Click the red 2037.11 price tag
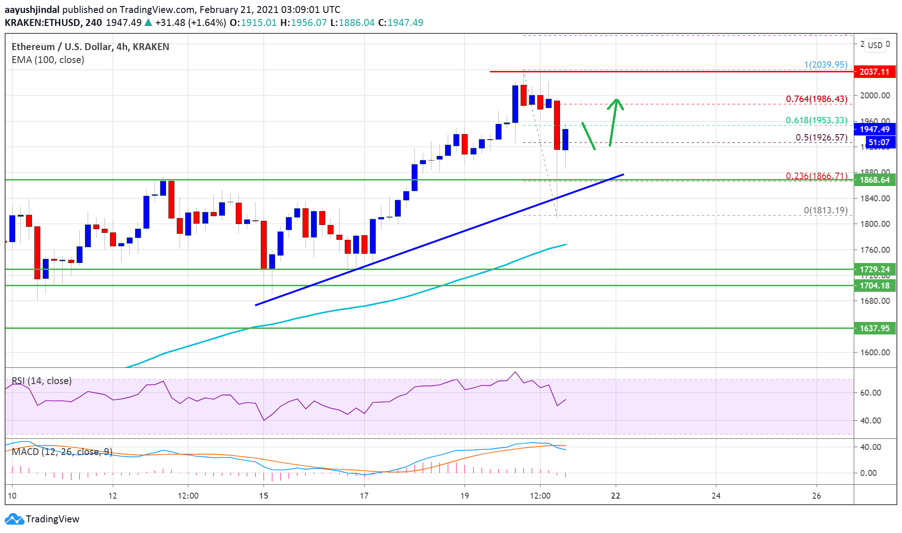874,72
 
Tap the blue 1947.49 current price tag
874,129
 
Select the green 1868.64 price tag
874,180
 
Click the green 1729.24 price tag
874,270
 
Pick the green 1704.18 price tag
874,286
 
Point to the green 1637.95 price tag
874,328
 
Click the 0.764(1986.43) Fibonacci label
816,99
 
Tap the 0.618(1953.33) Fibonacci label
816,121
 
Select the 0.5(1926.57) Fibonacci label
821,138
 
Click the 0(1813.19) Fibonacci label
825,211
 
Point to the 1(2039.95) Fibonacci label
825,65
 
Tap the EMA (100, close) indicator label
48,60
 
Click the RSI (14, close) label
42,381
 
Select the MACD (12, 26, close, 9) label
62,452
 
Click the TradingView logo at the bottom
42,519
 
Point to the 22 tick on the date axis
615,496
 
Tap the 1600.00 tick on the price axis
875,353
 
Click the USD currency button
875,45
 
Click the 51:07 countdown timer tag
878,142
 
